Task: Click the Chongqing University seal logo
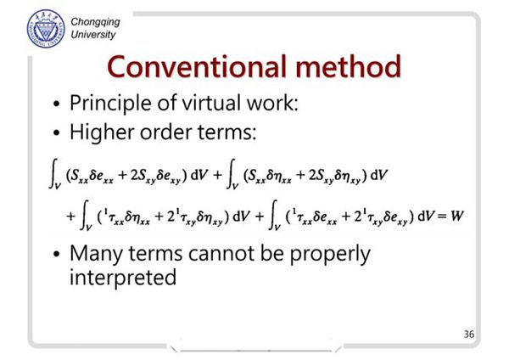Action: pyautogui.click(x=46, y=29)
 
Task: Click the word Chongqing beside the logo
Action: pyautogui.click(x=95, y=22)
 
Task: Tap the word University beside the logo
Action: pyautogui.click(x=93, y=35)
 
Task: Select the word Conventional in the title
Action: pyautogui.click(x=197, y=66)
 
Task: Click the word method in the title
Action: pyautogui.click(x=349, y=66)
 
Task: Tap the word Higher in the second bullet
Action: pyautogui.click(x=103, y=133)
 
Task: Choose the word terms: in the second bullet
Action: pyautogui.click(x=227, y=133)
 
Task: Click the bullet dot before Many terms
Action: pyautogui.click(x=57, y=254)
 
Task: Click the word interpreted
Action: pyautogui.click(x=123, y=278)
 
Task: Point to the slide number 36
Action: pyautogui.click(x=469, y=334)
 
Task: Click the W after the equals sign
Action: pyautogui.click(x=456, y=216)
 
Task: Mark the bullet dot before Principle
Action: pyautogui.click(x=57, y=104)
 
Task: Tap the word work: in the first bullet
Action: pyautogui.click(x=272, y=103)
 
